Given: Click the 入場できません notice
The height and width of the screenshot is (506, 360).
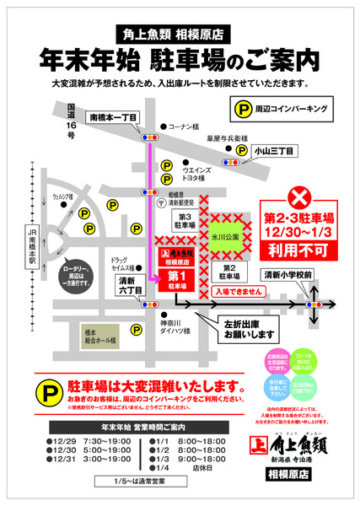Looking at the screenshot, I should pos(241,290).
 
